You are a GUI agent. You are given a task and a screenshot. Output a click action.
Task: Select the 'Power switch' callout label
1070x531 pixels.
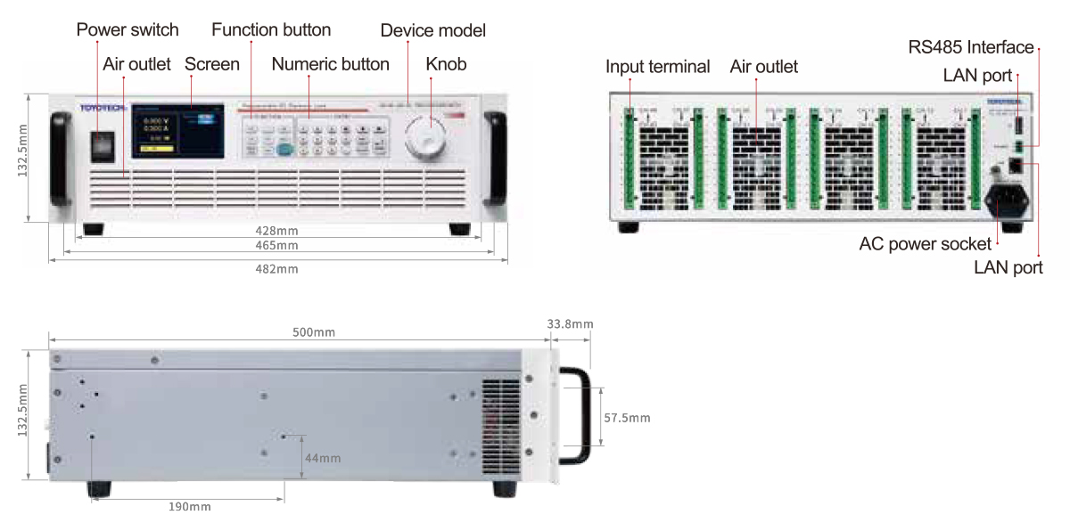coord(128,30)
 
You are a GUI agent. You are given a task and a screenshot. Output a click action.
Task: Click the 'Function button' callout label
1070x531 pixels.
coord(271,30)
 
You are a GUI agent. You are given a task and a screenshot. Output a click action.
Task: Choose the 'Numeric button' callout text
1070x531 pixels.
coord(330,64)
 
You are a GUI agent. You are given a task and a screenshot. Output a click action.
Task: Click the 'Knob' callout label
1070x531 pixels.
coord(446,64)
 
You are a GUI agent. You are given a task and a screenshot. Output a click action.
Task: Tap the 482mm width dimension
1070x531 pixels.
coord(276,268)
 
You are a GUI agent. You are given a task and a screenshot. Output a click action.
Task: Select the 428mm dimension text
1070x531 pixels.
coord(276,230)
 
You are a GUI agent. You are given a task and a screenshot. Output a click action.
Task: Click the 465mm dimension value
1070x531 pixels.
coord(276,245)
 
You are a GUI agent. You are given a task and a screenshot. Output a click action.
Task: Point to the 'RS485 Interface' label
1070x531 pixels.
coord(971,47)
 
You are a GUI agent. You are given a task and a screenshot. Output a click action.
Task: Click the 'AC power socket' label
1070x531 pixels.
coord(925,243)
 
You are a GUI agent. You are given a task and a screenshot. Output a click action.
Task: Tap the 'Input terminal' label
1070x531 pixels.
coord(657,67)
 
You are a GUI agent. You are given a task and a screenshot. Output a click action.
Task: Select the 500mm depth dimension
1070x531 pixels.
coord(314,332)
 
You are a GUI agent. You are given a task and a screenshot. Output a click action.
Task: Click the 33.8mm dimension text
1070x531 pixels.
coord(569,324)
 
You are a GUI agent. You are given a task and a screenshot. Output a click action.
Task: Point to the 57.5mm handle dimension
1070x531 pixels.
coord(627,417)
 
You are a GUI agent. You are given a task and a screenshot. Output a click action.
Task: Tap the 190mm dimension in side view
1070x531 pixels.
coord(190,506)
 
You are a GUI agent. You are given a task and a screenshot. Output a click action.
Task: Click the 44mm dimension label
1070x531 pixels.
coord(323,458)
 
